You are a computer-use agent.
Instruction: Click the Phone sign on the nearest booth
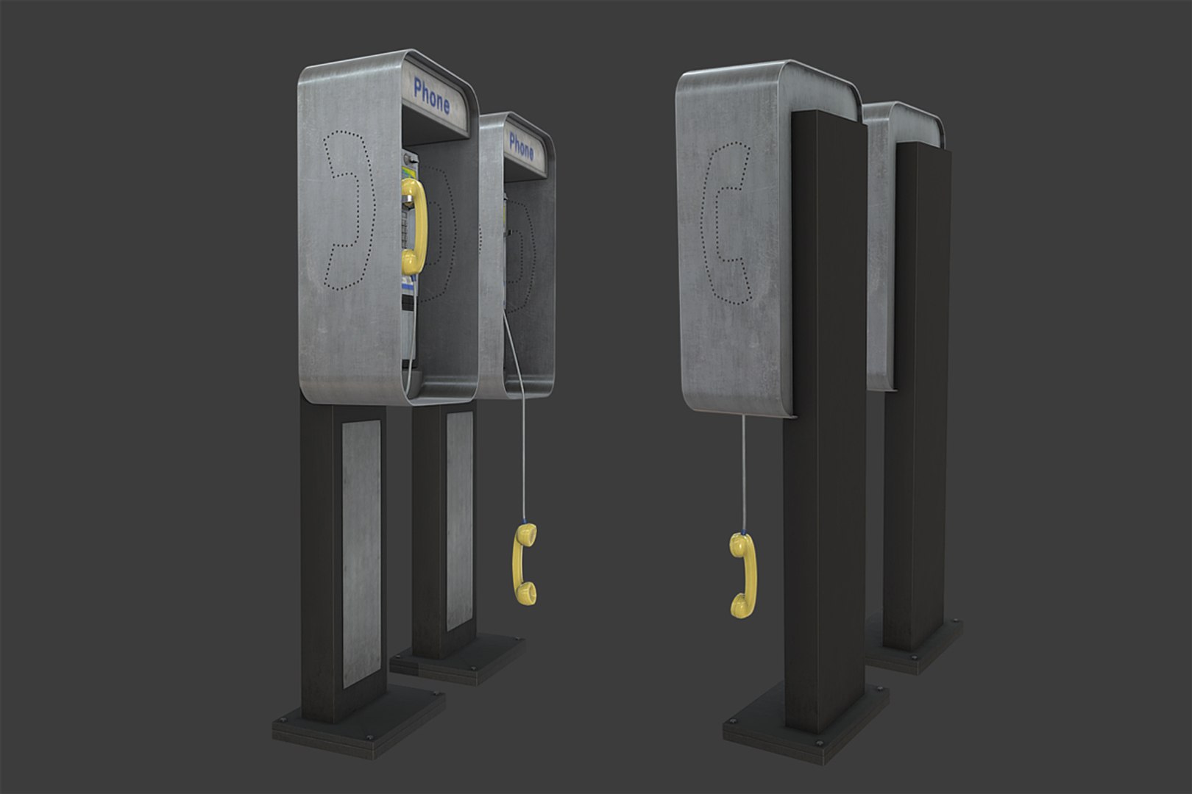point(432,96)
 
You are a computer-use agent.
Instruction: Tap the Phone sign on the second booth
point(521,146)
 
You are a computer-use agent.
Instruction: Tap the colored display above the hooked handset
point(407,171)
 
